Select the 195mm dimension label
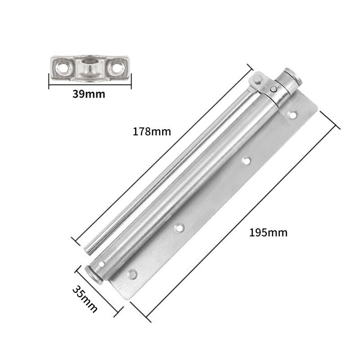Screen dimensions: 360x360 [x=268, y=233]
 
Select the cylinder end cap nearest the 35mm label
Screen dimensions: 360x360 [x=92, y=274]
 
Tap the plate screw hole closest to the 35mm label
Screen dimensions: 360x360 [x=133, y=273]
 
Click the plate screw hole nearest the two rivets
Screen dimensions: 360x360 [x=293, y=113]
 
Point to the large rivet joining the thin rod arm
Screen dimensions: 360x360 [x=258, y=80]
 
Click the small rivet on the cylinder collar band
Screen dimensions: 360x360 [x=274, y=89]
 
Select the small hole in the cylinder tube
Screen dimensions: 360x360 [x=102, y=264]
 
